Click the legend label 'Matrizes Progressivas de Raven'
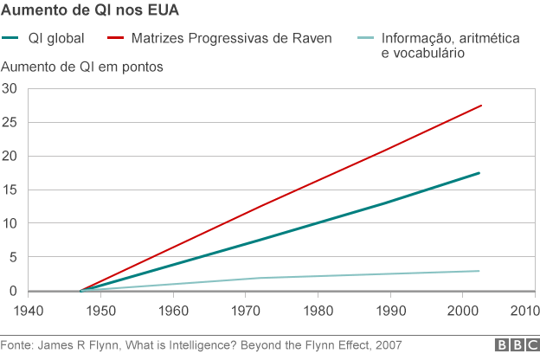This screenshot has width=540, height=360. pyautogui.click(x=231, y=39)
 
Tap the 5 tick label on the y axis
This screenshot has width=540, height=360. pyautogui.click(x=13, y=258)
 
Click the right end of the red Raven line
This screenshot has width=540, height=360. pyautogui.click(x=480, y=106)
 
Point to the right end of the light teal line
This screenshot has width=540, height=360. pyautogui.click(x=479, y=271)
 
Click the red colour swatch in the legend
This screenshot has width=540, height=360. pyautogui.click(x=115, y=39)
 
